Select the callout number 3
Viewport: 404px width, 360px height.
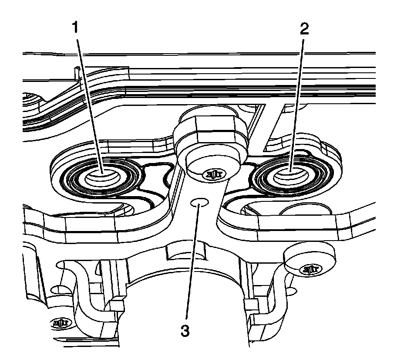185,331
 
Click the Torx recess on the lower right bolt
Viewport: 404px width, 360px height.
311,269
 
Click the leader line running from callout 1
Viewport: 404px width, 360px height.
89,100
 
